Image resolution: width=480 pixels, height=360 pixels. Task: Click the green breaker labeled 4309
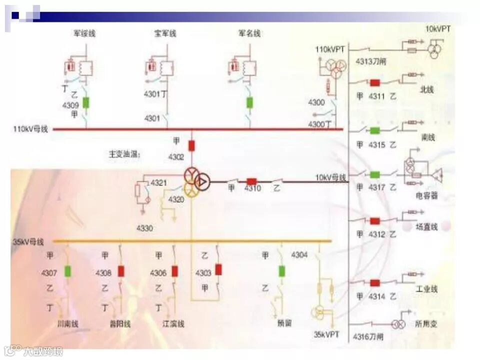86,102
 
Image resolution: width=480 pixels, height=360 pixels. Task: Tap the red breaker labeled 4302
191,145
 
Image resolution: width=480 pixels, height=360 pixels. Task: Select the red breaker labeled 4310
251,181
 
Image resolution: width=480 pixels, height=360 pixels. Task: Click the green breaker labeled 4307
68,271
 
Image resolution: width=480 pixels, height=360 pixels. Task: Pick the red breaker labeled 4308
121,271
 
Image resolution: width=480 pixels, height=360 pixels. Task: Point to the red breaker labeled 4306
174,271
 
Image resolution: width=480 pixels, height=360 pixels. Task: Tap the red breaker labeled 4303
218,269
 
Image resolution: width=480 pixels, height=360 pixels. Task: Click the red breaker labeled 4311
374,82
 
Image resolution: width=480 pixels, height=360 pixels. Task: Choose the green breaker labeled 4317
374,174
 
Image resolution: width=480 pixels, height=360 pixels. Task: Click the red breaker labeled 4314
374,283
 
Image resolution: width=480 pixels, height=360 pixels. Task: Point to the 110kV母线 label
30,129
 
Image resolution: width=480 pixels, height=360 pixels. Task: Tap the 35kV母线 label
28,242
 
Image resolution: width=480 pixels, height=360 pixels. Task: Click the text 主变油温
124,154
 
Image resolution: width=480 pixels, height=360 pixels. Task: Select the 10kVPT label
438,29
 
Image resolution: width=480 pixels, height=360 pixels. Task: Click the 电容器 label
427,195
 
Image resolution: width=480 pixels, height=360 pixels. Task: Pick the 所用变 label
426,324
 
